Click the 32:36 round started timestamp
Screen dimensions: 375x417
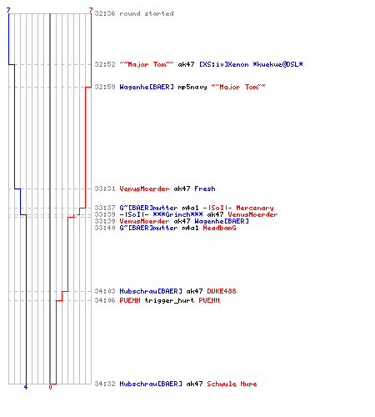105,13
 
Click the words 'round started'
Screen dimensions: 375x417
147,13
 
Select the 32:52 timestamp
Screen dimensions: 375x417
105,64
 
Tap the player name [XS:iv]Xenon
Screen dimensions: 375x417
224,64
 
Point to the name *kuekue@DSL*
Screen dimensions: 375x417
277,64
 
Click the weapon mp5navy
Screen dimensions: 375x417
192,87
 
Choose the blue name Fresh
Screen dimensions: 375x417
205,188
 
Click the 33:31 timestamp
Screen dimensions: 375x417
105,188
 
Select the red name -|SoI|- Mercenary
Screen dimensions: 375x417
238,208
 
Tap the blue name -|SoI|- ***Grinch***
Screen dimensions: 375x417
161,214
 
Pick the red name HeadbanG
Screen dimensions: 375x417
219,228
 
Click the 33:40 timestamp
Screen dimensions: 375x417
105,228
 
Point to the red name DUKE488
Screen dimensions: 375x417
222,291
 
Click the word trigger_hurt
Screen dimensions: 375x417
169,300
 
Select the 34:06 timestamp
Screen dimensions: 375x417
105,300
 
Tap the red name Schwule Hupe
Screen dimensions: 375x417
232,384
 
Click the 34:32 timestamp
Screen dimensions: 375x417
105,384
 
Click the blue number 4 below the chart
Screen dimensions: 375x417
26,387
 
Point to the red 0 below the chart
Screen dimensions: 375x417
50,387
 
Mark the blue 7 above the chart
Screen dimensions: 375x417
8,10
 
